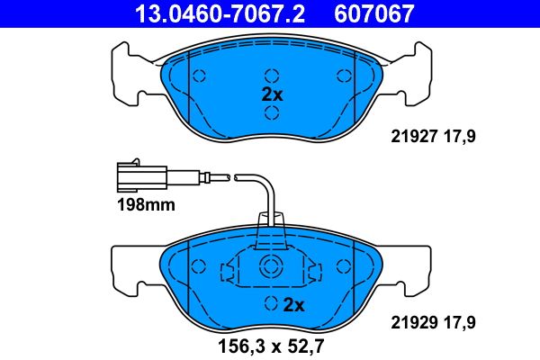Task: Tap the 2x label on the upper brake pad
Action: (272, 94)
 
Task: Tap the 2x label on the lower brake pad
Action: (293, 305)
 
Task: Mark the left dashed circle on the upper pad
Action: (201, 76)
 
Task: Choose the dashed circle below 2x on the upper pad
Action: (272, 112)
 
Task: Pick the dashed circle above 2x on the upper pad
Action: (272, 76)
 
